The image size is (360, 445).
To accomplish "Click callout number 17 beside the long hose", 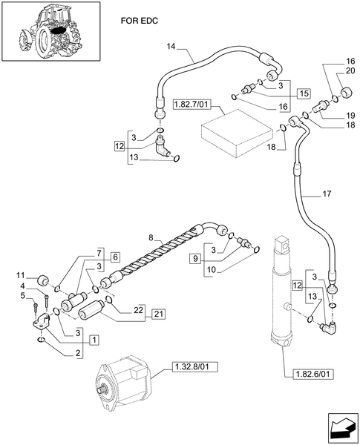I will (326, 196).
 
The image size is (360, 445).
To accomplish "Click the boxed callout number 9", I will (194, 259).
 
